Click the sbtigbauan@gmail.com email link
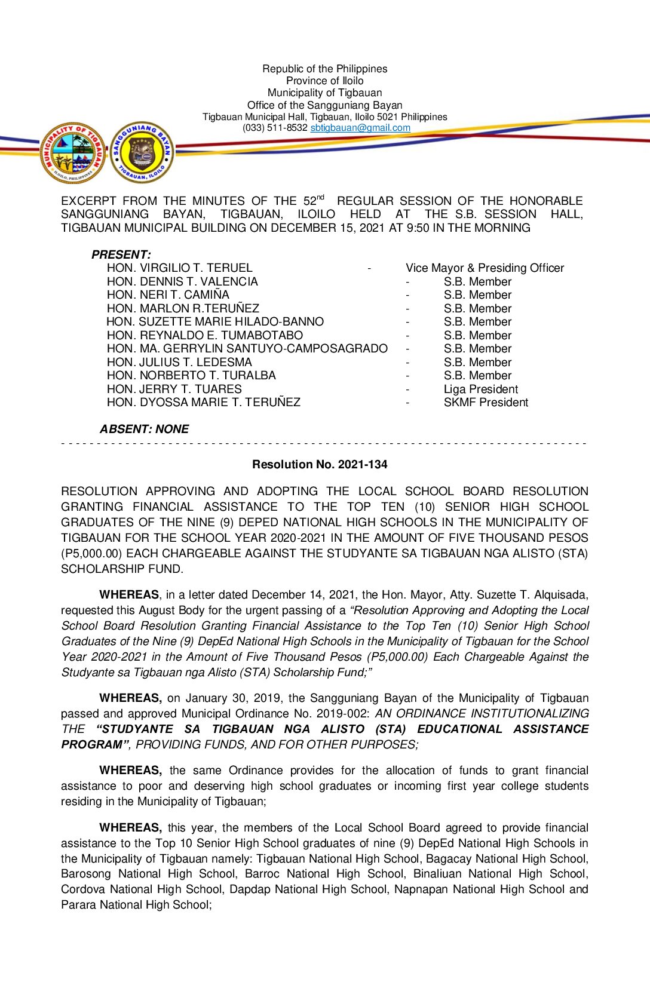(x=360, y=128)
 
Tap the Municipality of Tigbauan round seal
(x=72, y=154)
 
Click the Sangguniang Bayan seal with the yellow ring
(x=142, y=152)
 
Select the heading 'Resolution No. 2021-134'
(x=320, y=464)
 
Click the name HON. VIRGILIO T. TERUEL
(x=179, y=268)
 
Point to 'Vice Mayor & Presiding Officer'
(x=485, y=268)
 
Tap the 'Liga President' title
(x=480, y=389)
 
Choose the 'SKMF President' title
(x=486, y=403)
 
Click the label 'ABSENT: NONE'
(x=144, y=429)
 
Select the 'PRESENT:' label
(x=121, y=254)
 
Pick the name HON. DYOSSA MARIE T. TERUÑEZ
(x=203, y=403)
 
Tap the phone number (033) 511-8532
(x=275, y=128)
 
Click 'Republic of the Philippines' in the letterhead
(x=324, y=69)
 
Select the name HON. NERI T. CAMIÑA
(x=168, y=295)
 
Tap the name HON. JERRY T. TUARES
(x=174, y=389)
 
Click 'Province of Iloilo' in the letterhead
(x=324, y=81)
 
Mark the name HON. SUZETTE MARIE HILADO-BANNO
(x=215, y=322)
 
